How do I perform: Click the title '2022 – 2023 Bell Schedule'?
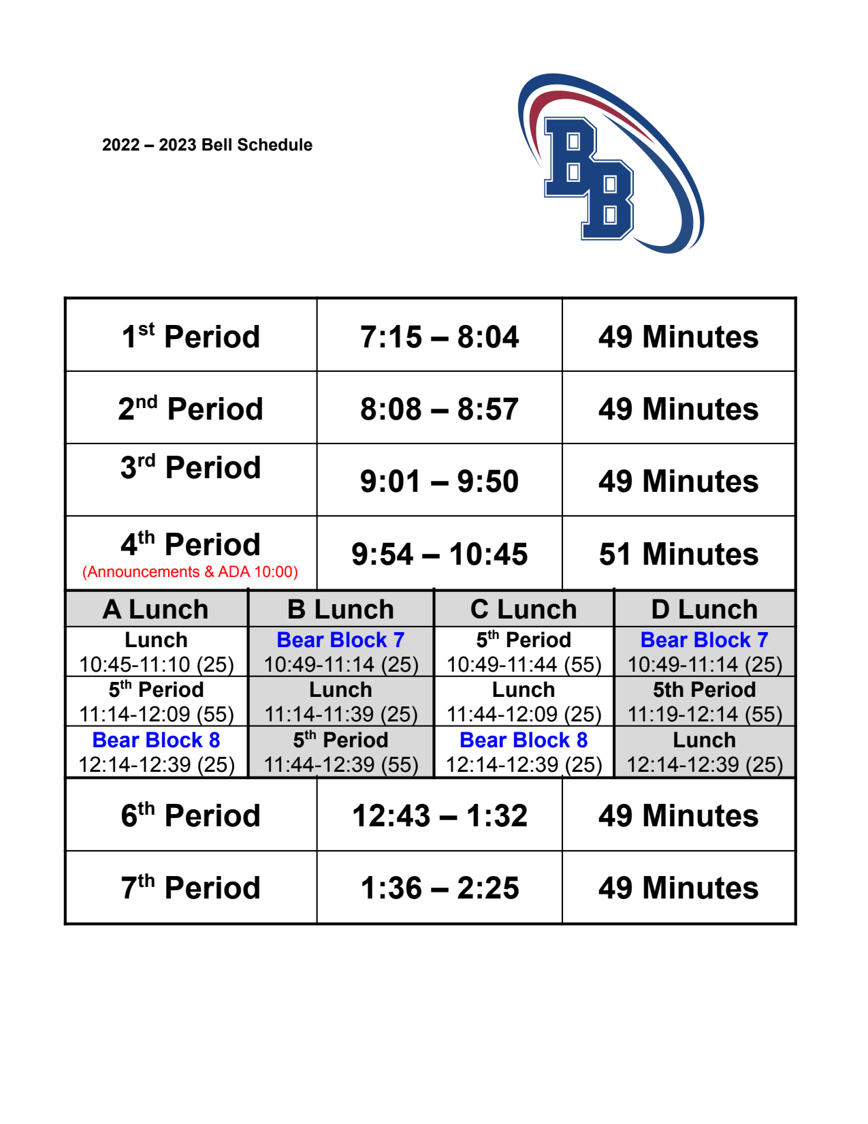[207, 145]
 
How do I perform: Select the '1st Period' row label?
[191, 337]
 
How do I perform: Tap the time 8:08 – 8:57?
[439, 409]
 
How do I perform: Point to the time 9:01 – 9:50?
[439, 482]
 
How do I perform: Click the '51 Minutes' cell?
[678, 554]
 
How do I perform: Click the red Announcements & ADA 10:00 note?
[190, 572]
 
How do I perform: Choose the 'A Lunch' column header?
[156, 609]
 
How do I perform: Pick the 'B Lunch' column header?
[340, 609]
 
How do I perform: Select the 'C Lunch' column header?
[524, 609]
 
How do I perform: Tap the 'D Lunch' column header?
[704, 609]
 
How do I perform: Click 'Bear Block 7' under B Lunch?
[340, 640]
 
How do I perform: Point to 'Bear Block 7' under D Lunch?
[704, 640]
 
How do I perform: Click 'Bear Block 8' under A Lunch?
[156, 740]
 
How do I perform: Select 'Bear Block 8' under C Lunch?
[524, 740]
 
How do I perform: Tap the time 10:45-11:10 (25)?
[156, 664]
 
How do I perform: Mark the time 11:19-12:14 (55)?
[704, 714]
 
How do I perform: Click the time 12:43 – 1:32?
[439, 815]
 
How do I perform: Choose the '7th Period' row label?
[191, 888]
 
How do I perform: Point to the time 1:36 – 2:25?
[439, 888]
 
